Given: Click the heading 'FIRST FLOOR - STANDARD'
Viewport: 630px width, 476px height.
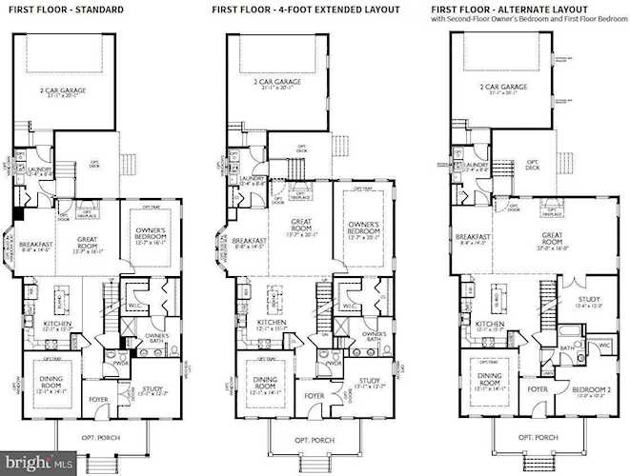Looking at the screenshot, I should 69,9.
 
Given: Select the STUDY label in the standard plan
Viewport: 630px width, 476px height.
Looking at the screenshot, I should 153,387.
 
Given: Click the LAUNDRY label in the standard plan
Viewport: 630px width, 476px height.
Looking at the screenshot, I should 36,169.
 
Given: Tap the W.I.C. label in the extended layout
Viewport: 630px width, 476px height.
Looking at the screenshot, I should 350,307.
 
